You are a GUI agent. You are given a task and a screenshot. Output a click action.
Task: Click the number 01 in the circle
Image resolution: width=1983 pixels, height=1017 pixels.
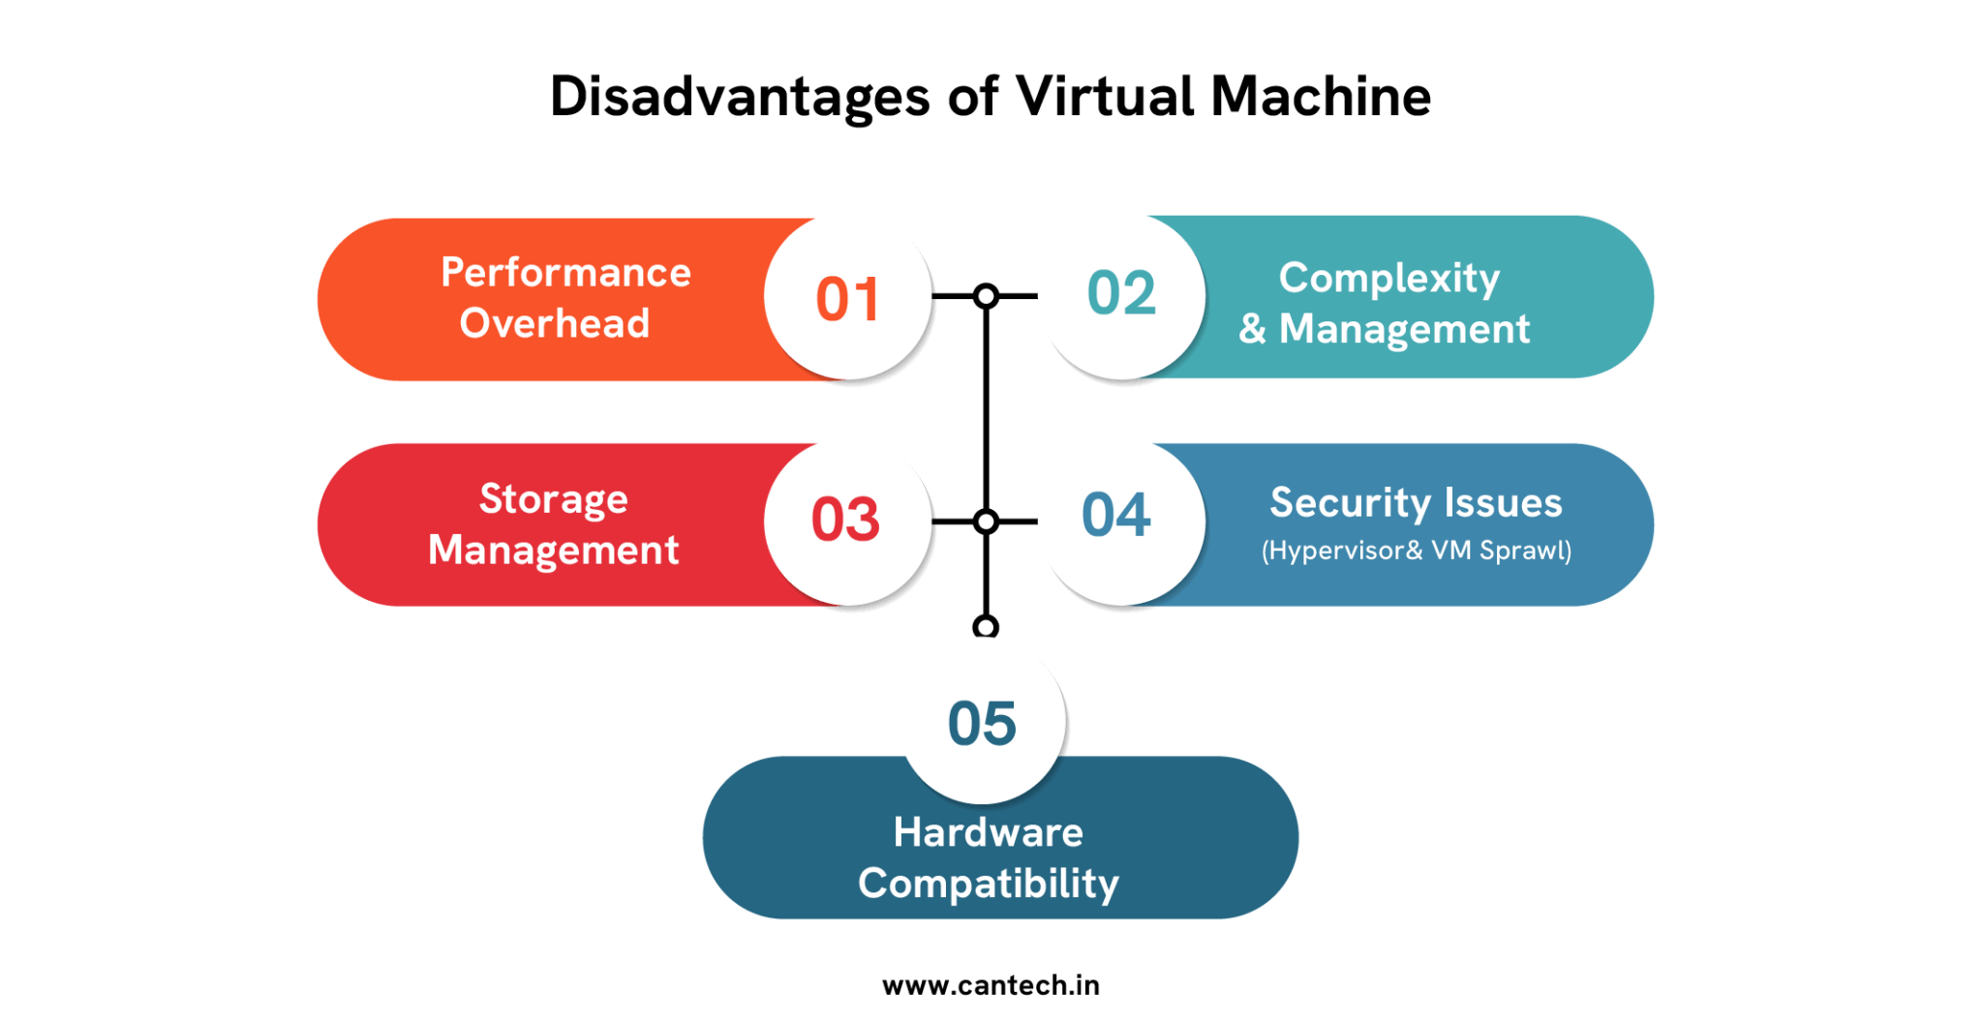click(x=847, y=299)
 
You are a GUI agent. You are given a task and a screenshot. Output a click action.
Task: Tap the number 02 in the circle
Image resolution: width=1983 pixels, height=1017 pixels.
click(x=1121, y=293)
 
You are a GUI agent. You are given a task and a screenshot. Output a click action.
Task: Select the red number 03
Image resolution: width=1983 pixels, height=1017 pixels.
click(x=845, y=520)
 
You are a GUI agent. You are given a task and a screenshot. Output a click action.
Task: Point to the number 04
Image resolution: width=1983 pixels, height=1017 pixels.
click(x=1116, y=515)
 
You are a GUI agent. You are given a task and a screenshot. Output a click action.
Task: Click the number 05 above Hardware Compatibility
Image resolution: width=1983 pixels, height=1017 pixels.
click(x=982, y=724)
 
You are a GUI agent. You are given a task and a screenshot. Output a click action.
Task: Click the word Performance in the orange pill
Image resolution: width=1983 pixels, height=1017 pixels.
click(x=565, y=273)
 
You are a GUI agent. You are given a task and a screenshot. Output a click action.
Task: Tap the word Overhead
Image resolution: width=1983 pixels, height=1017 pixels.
click(x=554, y=323)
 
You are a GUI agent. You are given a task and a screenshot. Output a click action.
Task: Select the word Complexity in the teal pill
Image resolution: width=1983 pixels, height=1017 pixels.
click(x=1388, y=279)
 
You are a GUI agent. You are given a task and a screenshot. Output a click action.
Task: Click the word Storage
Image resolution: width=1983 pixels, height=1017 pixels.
click(x=553, y=499)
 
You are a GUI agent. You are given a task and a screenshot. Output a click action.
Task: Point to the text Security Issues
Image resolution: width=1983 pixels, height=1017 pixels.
click(x=1416, y=503)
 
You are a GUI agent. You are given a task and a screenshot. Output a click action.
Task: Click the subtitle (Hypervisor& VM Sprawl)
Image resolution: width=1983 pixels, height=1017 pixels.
click(x=1416, y=551)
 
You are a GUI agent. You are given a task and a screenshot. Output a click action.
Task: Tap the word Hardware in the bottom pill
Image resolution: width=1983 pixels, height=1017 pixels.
click(x=988, y=832)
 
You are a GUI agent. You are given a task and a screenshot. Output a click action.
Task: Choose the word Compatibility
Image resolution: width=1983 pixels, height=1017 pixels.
click(x=988, y=883)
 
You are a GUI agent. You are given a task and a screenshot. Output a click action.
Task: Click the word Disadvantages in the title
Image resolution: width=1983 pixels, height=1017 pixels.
click(x=740, y=98)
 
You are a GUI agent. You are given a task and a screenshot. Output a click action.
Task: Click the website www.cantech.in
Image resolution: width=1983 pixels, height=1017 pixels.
click(x=991, y=985)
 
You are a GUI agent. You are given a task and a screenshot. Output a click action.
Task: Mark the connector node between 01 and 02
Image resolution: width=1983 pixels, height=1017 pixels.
click(x=986, y=296)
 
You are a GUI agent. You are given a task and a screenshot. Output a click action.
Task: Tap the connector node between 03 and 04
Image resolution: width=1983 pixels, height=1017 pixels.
click(x=986, y=522)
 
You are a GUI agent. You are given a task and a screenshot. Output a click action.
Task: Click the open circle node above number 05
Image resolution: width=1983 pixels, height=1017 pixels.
click(x=986, y=627)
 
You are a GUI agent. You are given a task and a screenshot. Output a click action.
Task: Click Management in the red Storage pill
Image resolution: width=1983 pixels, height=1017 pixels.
click(x=553, y=551)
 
